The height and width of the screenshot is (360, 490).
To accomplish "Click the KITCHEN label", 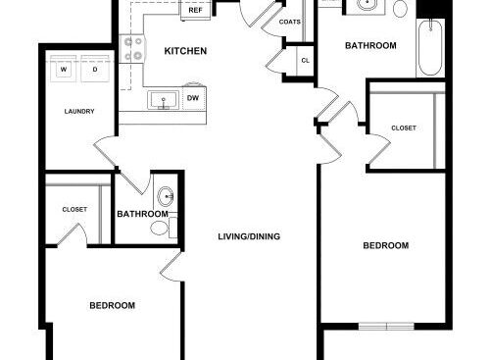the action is (x=185, y=51).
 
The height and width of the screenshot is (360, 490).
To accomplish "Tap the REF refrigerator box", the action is (x=195, y=10).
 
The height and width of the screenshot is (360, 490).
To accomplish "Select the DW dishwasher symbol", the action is (x=194, y=97).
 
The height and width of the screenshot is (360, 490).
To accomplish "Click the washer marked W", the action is (x=64, y=69).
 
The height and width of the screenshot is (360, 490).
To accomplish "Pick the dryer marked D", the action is (x=95, y=69).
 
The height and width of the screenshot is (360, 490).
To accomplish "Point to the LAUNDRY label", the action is (x=79, y=112).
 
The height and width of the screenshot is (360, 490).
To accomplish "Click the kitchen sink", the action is (x=164, y=100).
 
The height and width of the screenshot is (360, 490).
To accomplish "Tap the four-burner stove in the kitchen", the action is (x=132, y=49).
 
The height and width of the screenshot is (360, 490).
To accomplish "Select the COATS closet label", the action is (x=290, y=22).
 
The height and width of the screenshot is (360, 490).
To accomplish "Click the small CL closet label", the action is (x=306, y=61).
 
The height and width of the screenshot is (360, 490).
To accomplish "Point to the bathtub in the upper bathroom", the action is (x=430, y=48).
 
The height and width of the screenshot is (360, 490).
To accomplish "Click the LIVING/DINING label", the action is (x=249, y=236).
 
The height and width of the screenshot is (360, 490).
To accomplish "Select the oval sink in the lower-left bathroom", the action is (x=166, y=196).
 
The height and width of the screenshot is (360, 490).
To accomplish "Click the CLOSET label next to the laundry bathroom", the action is (x=74, y=209).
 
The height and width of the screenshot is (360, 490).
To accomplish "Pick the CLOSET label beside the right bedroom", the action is (x=404, y=129).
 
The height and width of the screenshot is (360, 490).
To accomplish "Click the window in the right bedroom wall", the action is (x=386, y=326).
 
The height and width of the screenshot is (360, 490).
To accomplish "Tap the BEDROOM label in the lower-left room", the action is (x=113, y=306).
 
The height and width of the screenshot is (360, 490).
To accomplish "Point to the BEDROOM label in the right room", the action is (x=386, y=245).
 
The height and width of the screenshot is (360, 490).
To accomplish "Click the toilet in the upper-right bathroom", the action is (x=400, y=8).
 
